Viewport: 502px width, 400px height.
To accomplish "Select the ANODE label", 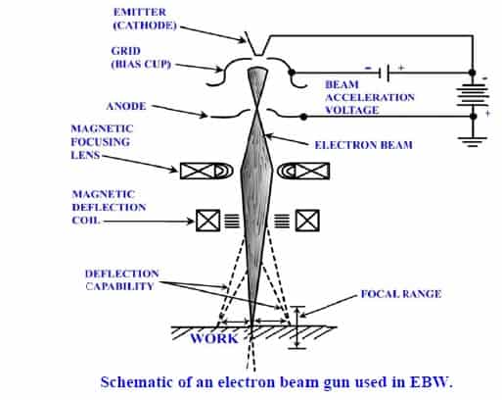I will tap(128, 106).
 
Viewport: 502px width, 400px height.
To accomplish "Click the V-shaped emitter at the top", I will tap(256, 42).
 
